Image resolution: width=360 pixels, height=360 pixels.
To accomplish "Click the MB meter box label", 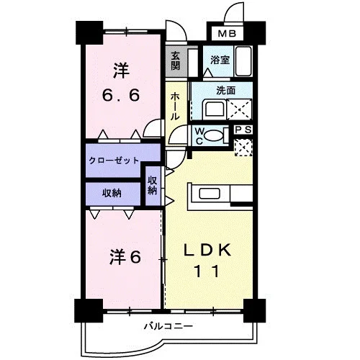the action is [x=227, y=34].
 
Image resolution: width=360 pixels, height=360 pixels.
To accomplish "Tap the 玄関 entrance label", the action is [x=176, y=60].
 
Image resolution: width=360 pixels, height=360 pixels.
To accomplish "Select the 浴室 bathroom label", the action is [x=220, y=60].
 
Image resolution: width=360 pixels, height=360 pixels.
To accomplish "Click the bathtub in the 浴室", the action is [x=243, y=61].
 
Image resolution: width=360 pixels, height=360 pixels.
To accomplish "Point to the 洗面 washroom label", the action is [x=225, y=91].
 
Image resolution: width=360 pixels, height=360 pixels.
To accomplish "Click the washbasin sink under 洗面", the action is [x=214, y=109].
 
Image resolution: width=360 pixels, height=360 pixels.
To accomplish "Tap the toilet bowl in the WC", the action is [x=214, y=135].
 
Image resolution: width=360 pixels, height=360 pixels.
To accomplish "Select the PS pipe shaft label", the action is [x=243, y=130].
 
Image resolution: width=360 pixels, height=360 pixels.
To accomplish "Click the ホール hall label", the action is [x=175, y=107].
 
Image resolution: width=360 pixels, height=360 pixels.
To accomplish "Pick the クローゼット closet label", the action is [x=114, y=160].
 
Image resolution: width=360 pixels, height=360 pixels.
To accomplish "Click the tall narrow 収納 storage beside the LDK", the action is [x=153, y=185].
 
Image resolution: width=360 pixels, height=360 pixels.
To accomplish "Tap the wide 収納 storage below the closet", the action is [x=112, y=193].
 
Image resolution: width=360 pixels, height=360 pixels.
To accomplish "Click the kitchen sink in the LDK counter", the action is [x=210, y=194].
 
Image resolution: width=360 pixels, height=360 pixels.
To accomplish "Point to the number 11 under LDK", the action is [x=207, y=271].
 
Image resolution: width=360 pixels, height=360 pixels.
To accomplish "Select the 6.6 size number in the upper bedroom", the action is [x=121, y=96].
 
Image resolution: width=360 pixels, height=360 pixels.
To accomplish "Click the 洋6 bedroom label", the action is [x=125, y=257].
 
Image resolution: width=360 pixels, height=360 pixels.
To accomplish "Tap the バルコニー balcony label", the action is [x=168, y=326].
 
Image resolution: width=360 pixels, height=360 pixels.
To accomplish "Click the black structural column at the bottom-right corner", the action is [x=254, y=310].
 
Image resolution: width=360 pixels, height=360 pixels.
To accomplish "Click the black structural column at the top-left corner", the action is [x=89, y=33].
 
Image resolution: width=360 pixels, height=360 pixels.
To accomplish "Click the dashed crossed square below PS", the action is [x=243, y=148].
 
